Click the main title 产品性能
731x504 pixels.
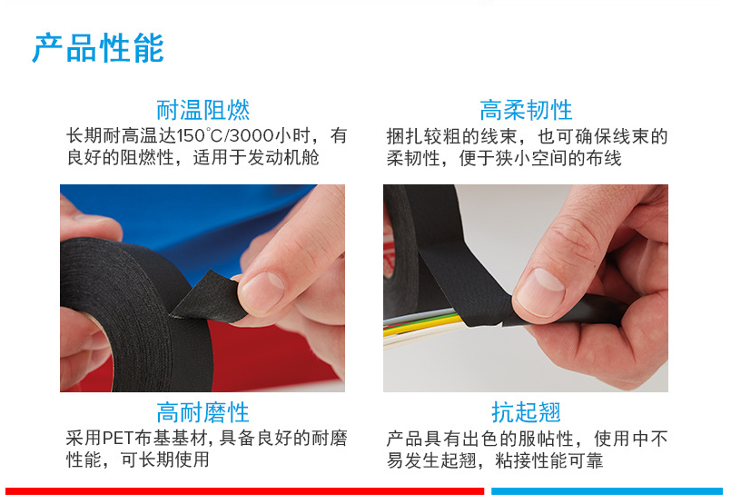pos(98,48)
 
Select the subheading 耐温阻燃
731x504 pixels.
pos(203,110)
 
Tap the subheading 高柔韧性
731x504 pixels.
pos(526,110)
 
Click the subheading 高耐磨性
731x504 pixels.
pos(203,412)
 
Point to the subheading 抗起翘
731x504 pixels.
pos(526,412)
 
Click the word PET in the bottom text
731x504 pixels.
pos(118,439)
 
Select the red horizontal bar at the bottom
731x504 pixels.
pos(245,491)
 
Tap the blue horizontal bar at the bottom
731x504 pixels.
pos(607,491)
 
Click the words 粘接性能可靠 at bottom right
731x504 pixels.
pos(549,460)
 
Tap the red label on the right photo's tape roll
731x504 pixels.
pos(388,252)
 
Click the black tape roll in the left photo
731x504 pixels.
pos(135,317)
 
